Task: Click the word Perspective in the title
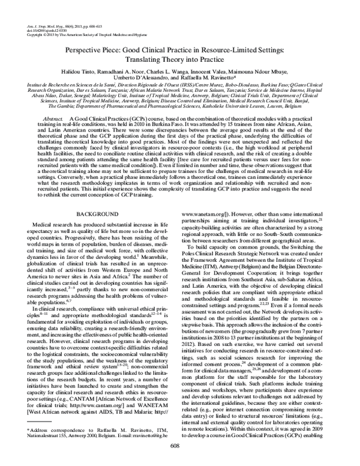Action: click(x=88, y=52)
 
